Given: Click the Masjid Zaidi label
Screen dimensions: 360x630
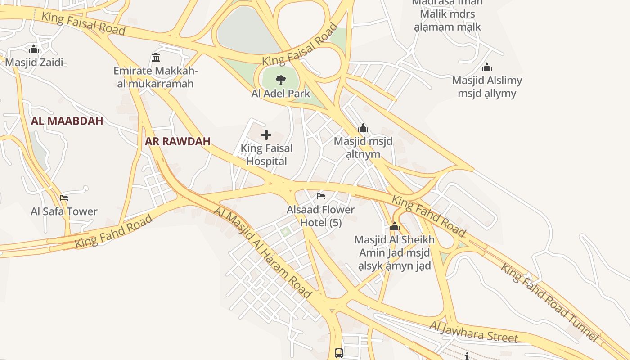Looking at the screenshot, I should point(34,62).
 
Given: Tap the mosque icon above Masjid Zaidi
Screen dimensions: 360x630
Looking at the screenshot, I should point(34,49).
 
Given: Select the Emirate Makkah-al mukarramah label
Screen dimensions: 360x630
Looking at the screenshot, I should point(156,77).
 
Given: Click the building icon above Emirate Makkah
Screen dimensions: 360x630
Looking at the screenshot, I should point(156,57).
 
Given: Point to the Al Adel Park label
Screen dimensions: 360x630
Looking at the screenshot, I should point(281,94).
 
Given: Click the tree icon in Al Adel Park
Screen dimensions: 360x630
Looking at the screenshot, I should point(280,81).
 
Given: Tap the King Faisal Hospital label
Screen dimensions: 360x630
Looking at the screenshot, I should point(266,154).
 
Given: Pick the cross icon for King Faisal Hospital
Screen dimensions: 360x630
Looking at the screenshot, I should point(266,135).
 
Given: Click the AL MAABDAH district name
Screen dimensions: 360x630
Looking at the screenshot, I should point(67,121).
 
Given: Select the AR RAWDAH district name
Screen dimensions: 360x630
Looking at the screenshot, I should point(178,141).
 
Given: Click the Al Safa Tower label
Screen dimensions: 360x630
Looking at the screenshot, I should point(64,211).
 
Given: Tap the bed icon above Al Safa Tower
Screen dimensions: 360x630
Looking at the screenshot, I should point(64,198).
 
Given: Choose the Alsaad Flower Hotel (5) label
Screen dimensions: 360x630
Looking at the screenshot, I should point(321,216).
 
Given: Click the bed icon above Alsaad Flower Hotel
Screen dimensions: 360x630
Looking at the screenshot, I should point(321,196).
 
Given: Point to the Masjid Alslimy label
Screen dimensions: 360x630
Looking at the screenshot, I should point(487,87).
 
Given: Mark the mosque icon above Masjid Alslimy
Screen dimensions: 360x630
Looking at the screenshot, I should point(486,67).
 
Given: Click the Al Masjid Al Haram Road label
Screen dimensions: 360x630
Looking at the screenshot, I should point(263,252).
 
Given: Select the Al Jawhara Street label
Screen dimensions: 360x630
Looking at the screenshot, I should point(473,332).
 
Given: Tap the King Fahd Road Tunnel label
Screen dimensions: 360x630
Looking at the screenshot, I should point(550,302).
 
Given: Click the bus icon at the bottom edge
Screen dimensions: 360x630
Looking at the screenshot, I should point(339,353).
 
